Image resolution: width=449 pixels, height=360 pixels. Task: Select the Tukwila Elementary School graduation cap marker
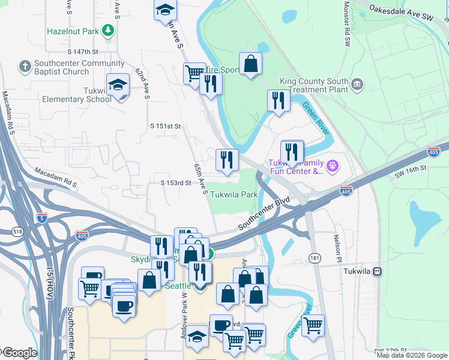118,85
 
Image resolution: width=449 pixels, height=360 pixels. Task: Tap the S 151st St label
165,126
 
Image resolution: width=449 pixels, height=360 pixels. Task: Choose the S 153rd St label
175,182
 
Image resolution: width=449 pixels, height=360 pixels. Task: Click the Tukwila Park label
234,195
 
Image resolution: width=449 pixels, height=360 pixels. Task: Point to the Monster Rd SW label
346,24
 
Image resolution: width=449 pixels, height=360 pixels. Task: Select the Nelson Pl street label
337,243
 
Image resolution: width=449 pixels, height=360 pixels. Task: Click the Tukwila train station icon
377,271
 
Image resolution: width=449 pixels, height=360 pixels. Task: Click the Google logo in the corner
19,353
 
